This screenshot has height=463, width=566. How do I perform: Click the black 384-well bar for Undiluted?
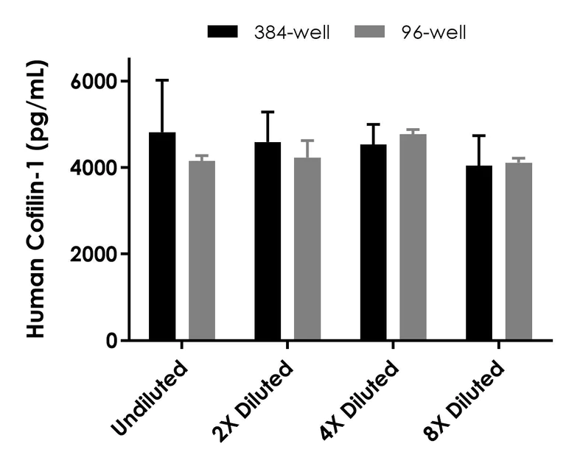(x=162, y=236)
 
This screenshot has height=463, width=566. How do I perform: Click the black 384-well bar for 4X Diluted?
(x=373, y=242)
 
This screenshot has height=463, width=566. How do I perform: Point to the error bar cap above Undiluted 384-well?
(x=162, y=79)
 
